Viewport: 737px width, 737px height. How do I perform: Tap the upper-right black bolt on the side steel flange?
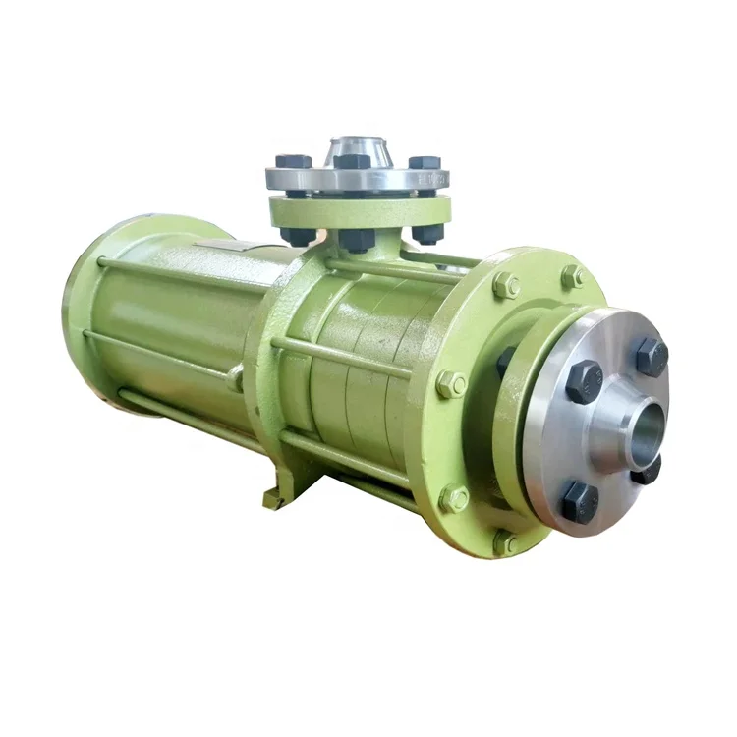[x=652, y=356]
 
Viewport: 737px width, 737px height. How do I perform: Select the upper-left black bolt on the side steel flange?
[x=585, y=380]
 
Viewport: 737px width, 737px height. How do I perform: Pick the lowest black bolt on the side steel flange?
[x=580, y=501]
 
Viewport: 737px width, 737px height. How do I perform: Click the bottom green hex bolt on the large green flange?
[x=506, y=541]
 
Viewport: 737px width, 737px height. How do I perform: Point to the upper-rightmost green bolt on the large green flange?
[x=572, y=277]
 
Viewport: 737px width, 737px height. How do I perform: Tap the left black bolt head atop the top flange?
[x=293, y=161]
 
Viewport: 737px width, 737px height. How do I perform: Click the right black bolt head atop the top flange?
[x=425, y=162]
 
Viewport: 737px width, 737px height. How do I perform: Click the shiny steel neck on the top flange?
[x=356, y=153]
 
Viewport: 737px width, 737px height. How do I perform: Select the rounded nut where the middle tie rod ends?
[x=235, y=378]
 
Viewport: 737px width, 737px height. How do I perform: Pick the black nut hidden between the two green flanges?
[x=505, y=361]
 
